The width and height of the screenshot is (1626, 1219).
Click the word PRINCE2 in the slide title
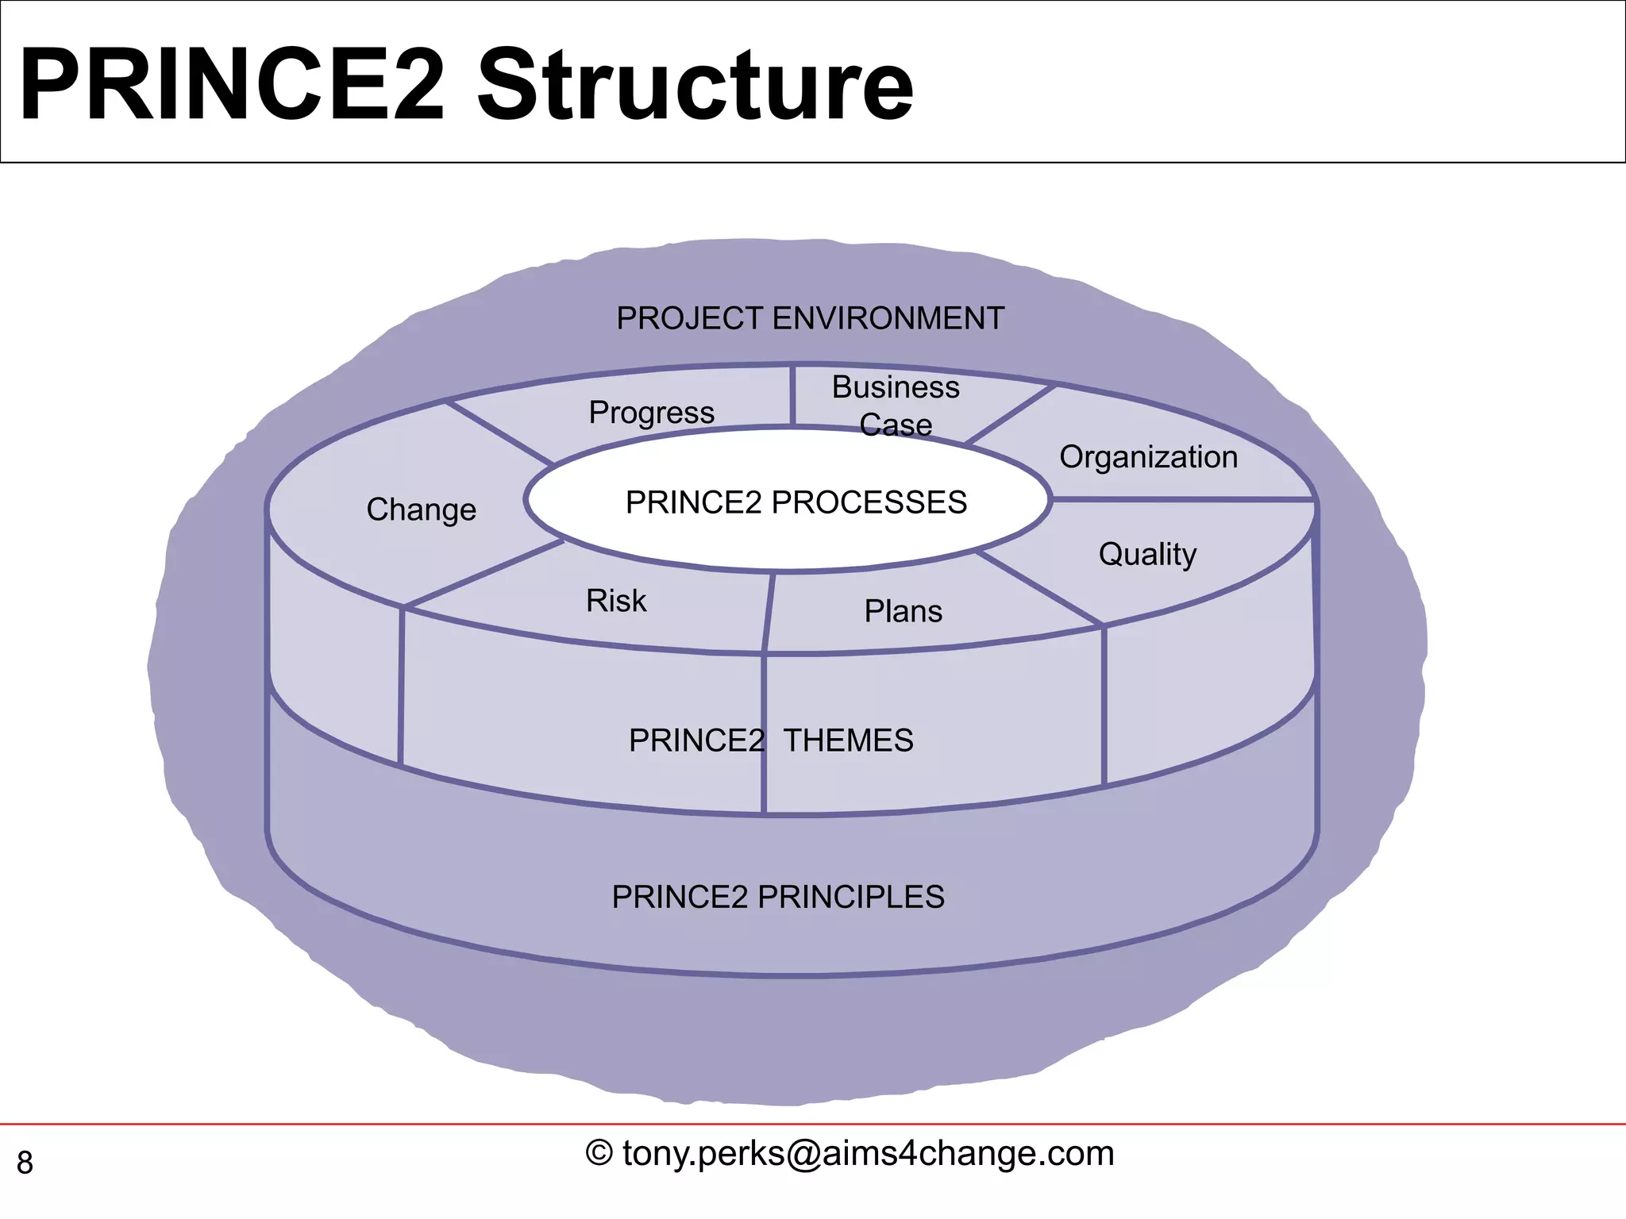tap(230, 85)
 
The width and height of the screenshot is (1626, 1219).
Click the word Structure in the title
tap(695, 85)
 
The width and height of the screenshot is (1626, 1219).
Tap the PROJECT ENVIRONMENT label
tap(810, 319)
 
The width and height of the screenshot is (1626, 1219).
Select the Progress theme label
tap(651, 413)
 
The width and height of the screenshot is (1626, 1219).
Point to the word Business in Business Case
tap(896, 387)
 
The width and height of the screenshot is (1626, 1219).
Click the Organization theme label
tap(1148, 457)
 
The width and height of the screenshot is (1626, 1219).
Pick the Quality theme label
tap(1147, 554)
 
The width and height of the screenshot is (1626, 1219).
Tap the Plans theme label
tap(903, 612)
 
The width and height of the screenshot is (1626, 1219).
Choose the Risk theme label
tap(616, 601)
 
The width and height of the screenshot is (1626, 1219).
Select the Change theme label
tap(421, 510)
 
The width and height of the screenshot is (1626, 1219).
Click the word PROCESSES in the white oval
tap(869, 502)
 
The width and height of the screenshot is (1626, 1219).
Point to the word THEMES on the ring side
tap(848, 740)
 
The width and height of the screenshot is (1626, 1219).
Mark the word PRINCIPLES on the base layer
tap(850, 897)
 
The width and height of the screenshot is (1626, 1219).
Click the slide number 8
tap(25, 1163)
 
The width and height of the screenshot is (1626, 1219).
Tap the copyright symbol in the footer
tap(599, 1153)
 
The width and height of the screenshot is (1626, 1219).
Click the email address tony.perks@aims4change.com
tap(869, 1153)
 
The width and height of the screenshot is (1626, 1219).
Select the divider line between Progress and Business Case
tap(792, 395)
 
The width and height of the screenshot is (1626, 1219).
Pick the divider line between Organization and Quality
tap(1183, 499)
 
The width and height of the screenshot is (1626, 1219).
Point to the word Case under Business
tap(896, 425)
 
